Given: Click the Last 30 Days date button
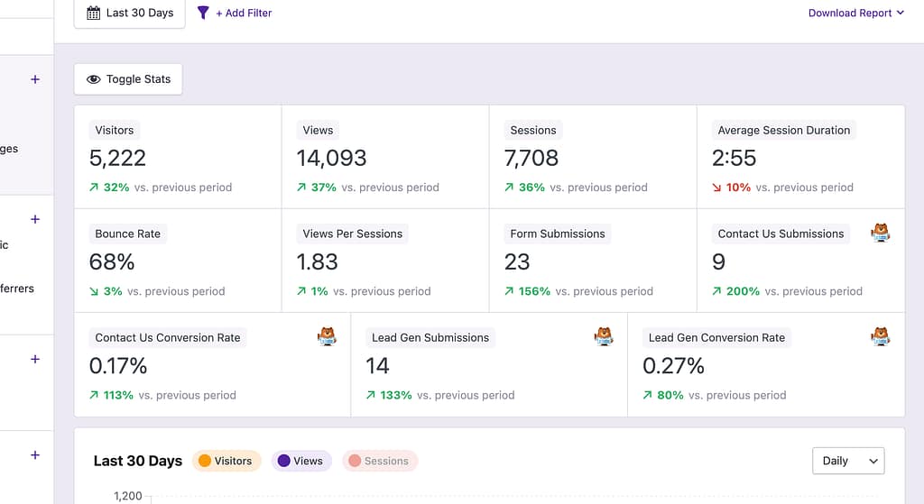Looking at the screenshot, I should (129, 14).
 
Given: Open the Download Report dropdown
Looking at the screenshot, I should (855, 14).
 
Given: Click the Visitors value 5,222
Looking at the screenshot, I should (117, 159).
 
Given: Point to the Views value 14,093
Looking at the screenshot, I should (331, 159).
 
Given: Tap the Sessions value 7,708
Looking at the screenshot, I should (531, 159).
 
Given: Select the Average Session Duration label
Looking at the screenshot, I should (783, 131).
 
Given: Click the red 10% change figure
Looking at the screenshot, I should (737, 188).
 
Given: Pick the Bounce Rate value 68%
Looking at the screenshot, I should (112, 262).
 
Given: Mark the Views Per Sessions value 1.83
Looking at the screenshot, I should (317, 262).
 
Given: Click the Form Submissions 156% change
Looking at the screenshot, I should (533, 291).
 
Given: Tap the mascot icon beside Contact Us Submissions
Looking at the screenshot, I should (880, 233).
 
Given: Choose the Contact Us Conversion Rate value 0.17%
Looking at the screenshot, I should (118, 366).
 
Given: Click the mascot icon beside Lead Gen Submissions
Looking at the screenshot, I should (604, 336).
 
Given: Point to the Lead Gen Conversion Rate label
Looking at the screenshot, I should (716, 338).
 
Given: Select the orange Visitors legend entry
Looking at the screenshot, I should (226, 461).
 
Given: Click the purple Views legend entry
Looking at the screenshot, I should (300, 461).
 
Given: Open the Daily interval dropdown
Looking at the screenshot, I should (848, 461).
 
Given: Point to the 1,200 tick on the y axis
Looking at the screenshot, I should (127, 496).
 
